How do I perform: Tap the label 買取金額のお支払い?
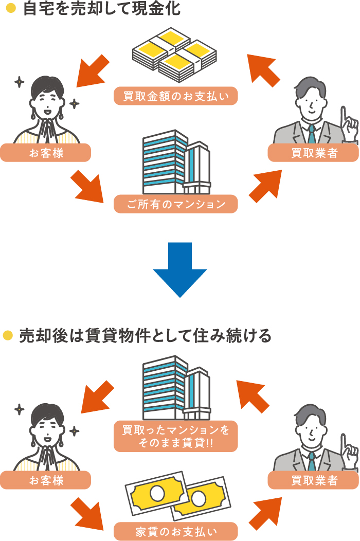coord(176,96)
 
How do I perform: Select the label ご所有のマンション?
coord(176,204)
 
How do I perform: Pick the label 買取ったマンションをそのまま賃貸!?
coord(176,437)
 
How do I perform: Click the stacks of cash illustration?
coord(174,55)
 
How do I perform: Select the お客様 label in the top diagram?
coord(46,153)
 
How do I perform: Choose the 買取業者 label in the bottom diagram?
coord(314,480)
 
